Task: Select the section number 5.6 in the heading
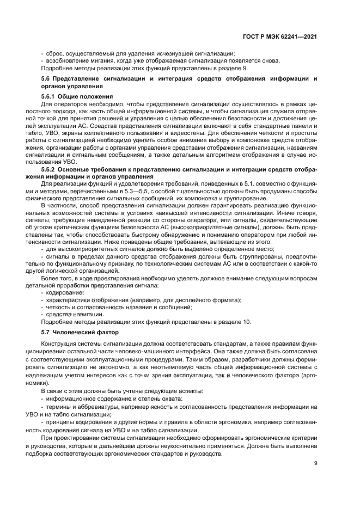(47, 79)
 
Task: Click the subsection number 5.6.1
(50, 96)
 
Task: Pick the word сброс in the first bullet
(54, 53)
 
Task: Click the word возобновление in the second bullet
(67, 61)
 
